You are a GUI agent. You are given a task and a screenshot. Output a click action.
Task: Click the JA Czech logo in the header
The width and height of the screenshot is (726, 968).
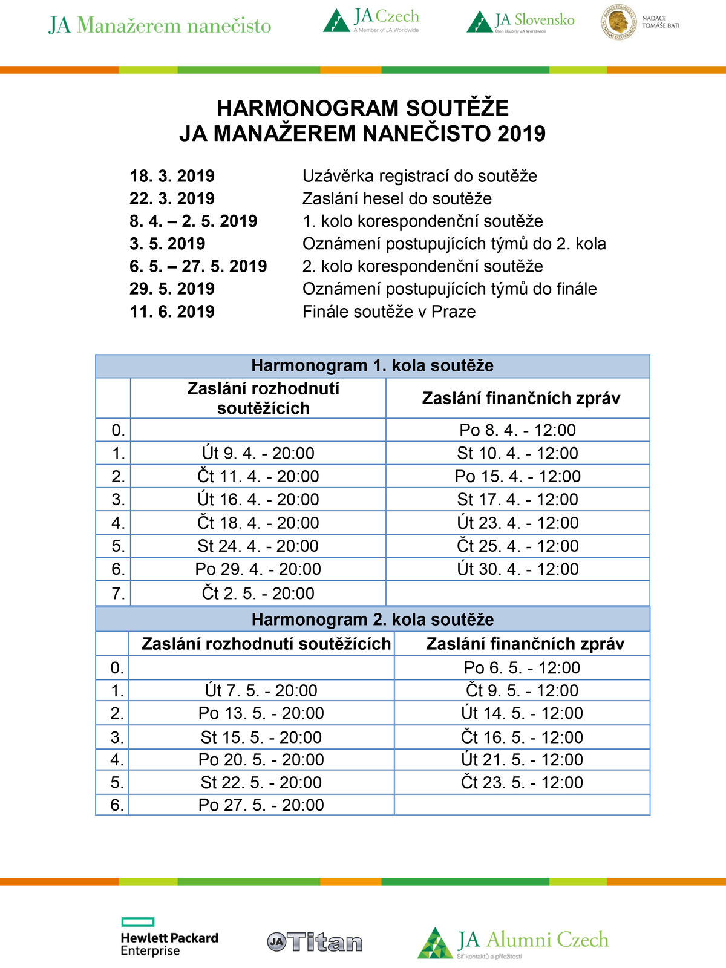(371, 21)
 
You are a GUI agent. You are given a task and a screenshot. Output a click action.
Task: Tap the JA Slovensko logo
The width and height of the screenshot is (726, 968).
(520, 22)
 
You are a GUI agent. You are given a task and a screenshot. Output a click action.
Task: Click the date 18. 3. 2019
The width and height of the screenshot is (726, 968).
(172, 176)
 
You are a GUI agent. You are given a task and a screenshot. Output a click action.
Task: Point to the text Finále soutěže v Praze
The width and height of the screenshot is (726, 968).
(389, 312)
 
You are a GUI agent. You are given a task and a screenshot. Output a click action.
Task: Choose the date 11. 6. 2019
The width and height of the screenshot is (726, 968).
(172, 312)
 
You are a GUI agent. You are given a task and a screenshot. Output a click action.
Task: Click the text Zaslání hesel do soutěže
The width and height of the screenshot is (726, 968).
(397, 198)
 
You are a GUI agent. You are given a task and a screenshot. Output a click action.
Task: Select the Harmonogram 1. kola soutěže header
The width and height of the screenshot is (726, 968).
(372, 365)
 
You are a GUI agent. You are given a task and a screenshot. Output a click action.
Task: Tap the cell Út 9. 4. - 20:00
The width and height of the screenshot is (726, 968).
(258, 453)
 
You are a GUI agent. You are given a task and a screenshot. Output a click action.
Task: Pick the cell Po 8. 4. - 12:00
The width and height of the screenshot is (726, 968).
(517, 430)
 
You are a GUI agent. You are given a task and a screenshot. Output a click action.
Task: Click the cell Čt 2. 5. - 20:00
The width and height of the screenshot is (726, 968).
(258, 594)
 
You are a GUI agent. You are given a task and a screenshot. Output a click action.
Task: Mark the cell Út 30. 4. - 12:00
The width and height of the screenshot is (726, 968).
(517, 569)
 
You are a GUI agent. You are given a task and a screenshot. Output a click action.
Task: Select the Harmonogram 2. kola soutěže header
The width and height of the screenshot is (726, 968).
(372, 620)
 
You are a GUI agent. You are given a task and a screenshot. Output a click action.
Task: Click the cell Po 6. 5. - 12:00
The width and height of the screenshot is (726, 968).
(522, 668)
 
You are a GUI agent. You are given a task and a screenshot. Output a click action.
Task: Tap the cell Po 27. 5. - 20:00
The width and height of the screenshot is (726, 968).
(261, 805)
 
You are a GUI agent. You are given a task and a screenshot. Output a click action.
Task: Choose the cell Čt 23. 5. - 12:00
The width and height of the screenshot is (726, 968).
(522, 782)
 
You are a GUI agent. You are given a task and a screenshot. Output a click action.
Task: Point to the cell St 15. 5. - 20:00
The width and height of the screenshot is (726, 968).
(261, 737)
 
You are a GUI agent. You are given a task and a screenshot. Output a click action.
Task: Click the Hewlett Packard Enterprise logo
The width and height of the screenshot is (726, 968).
(169, 937)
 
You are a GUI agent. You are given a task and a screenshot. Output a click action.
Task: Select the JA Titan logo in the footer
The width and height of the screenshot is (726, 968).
(315, 942)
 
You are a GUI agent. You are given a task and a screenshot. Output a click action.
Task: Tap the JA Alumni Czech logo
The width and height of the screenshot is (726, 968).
(513, 943)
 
